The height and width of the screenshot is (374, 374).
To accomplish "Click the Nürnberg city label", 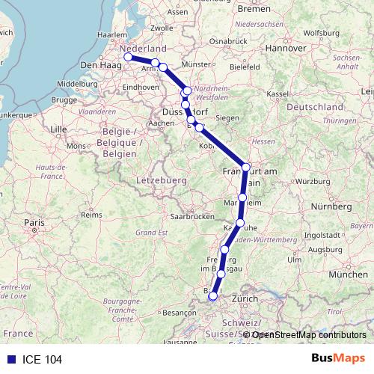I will point(331,205).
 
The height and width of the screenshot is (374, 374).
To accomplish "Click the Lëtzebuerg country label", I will point(161,181).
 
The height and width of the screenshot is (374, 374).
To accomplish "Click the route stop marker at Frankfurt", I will point(246,166).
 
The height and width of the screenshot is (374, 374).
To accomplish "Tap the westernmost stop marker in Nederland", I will point(128,57).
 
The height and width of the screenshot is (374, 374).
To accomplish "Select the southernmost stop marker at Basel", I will point(213,296).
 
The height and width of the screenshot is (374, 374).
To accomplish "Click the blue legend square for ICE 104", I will point(9,359).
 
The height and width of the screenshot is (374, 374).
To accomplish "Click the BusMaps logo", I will point(337,358).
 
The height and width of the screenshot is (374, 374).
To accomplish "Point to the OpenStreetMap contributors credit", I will point(308,334).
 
